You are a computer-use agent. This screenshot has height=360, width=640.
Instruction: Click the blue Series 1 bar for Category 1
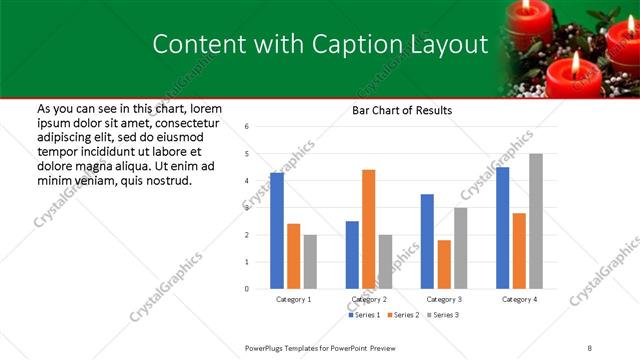coord(277,231)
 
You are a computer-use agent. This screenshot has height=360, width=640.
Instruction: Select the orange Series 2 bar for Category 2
coord(368,229)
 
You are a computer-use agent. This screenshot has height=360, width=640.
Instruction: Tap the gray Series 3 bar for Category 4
coord(536,221)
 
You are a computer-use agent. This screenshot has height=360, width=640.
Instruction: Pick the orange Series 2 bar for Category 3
coord(444,264)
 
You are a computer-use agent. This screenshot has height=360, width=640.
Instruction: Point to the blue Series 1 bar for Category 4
coord(502,228)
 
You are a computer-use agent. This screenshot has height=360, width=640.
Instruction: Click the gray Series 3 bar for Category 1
coord(310,262)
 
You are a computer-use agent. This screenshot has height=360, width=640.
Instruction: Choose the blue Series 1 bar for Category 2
coord(352,255)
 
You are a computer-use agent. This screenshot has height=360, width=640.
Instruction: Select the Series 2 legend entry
coord(402,315)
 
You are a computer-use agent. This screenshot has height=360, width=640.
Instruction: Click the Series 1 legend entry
coord(364,315)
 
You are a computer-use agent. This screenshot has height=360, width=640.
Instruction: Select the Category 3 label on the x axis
coord(444,299)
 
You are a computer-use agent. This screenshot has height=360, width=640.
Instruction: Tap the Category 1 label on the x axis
coord(294,299)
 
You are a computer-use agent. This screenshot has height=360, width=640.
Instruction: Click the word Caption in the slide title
coord(351,44)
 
